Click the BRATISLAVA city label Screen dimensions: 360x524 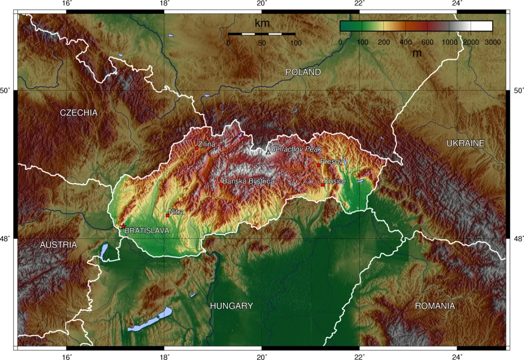[x=147, y=231]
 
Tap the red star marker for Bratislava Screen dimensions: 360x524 [x=123, y=226]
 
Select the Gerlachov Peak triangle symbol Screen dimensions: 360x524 [x=268, y=152]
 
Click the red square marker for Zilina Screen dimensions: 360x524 [x=196, y=148]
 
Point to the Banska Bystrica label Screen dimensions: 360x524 [x=248, y=181]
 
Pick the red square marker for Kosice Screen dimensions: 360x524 [x=323, y=185]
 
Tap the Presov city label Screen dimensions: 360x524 [x=331, y=162]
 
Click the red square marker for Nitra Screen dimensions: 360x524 [x=167, y=215]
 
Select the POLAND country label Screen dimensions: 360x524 [x=303, y=72]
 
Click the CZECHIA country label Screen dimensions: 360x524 [x=79, y=113]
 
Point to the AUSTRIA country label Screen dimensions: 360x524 [x=58, y=245]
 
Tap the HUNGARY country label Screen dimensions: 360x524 [x=231, y=306]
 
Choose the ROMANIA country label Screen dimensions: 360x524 [x=435, y=306]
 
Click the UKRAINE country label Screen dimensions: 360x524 [x=465, y=143]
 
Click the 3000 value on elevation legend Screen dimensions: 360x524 [x=492, y=42]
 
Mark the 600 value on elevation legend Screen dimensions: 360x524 [x=427, y=42]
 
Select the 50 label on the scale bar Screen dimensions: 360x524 [x=262, y=43]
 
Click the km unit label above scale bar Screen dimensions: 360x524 [x=262, y=23]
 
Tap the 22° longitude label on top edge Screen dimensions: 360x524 [x=359, y=4]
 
